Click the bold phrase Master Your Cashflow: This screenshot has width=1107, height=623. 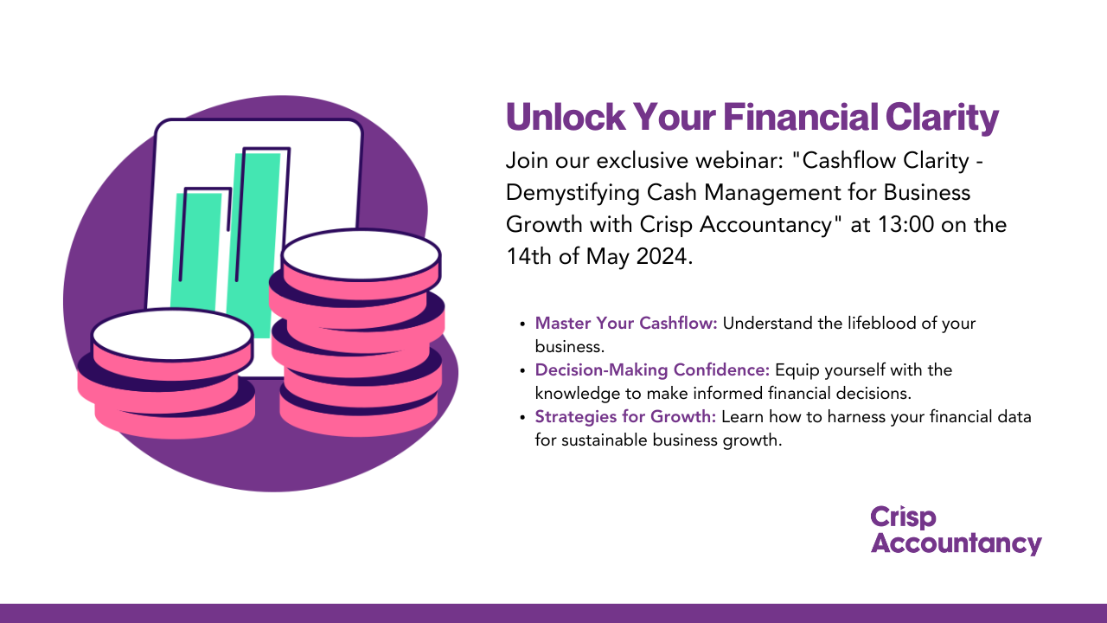coord(626,324)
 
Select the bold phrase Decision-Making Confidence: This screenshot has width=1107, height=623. coord(652,370)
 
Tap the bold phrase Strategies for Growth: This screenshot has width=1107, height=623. coord(625,417)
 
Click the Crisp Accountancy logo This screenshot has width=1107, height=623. coord(956,530)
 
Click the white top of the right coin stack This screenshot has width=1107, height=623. coord(361,254)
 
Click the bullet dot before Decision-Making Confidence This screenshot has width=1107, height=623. coord(522,371)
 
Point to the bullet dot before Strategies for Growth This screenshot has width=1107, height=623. coord(522,418)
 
